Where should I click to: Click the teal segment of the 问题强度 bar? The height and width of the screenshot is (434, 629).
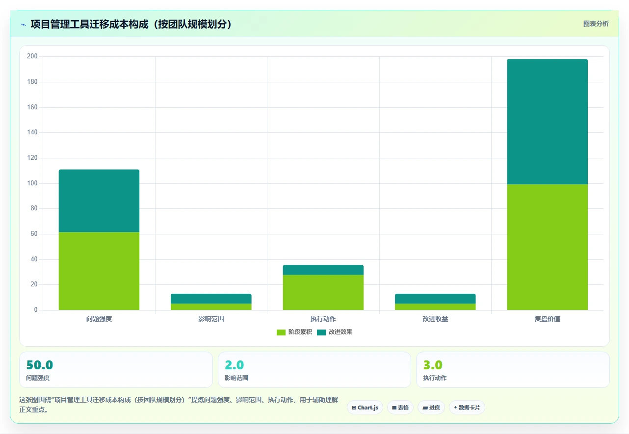coord(99,201)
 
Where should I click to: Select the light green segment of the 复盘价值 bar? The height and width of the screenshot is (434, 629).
coord(547,247)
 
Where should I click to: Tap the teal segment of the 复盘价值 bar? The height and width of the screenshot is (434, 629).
coord(547,122)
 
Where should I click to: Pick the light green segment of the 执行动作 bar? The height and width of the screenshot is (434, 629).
coord(323,292)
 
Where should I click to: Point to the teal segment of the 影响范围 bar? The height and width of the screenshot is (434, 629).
coord(211,299)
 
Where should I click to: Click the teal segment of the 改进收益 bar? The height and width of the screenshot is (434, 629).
coord(435,299)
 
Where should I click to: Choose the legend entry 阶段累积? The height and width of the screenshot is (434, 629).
coord(294,332)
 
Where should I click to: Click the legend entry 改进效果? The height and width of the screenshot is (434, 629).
coord(335,332)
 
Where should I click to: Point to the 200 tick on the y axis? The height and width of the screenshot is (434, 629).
coord(32,56)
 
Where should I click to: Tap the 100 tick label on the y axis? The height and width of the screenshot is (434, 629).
coord(32,183)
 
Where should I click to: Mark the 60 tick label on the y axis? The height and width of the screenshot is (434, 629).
coord(34,234)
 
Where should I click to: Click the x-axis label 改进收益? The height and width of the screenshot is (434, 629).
coord(435,319)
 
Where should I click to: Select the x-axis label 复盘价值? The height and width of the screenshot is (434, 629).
coord(547,319)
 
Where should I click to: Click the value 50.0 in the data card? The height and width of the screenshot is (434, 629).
coord(40,365)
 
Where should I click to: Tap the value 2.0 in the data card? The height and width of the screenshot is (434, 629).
coord(234,365)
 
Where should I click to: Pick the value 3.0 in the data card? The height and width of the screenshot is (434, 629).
coord(433,365)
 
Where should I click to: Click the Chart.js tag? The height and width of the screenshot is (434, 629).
coord(365,408)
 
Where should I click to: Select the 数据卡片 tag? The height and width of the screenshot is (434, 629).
coord(467,408)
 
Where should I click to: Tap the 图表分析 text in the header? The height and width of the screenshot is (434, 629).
coord(596,24)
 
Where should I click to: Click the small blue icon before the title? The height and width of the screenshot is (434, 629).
coord(24,25)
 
